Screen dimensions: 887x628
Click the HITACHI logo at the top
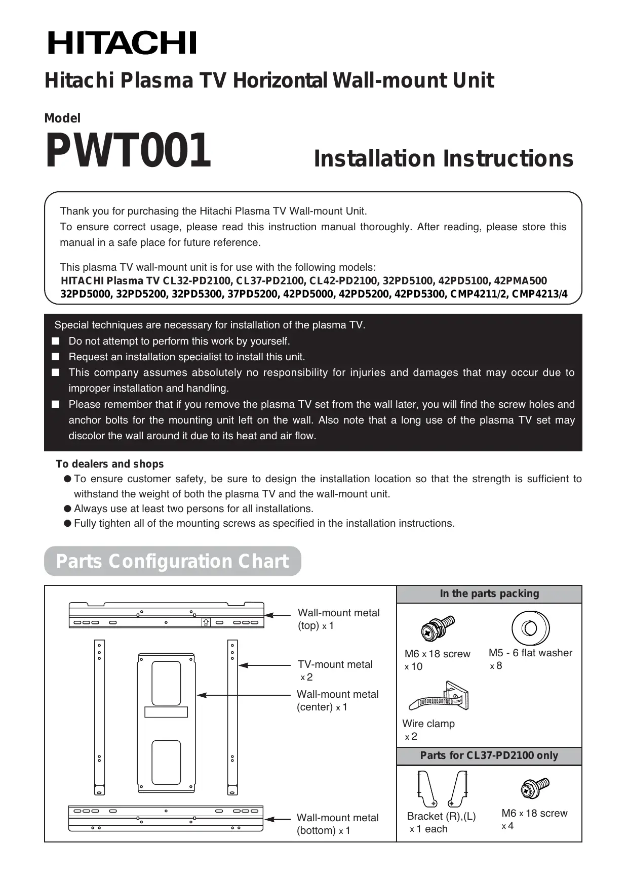[122, 43]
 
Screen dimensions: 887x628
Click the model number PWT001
[128, 151]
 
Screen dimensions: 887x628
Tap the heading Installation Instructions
[443, 158]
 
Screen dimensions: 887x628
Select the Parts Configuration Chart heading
[172, 561]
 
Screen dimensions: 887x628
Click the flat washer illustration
[530, 628]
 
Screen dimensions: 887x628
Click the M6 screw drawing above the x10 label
[438, 628]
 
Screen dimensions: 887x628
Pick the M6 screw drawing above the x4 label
[534, 788]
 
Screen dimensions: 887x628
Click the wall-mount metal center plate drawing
[166, 723]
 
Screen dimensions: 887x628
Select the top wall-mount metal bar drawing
[166, 615]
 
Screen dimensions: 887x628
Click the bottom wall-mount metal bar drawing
[166, 818]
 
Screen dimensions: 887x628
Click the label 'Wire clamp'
[428, 724]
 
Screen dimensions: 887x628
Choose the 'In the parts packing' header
[489, 594]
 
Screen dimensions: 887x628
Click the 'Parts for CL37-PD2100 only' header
[489, 755]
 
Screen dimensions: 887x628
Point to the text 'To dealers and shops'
[110, 464]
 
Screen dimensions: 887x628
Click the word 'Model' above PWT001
[62, 118]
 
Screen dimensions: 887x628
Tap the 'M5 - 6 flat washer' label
[530, 653]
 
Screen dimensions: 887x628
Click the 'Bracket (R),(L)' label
[441, 816]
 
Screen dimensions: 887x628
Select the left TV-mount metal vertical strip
[99, 717]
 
